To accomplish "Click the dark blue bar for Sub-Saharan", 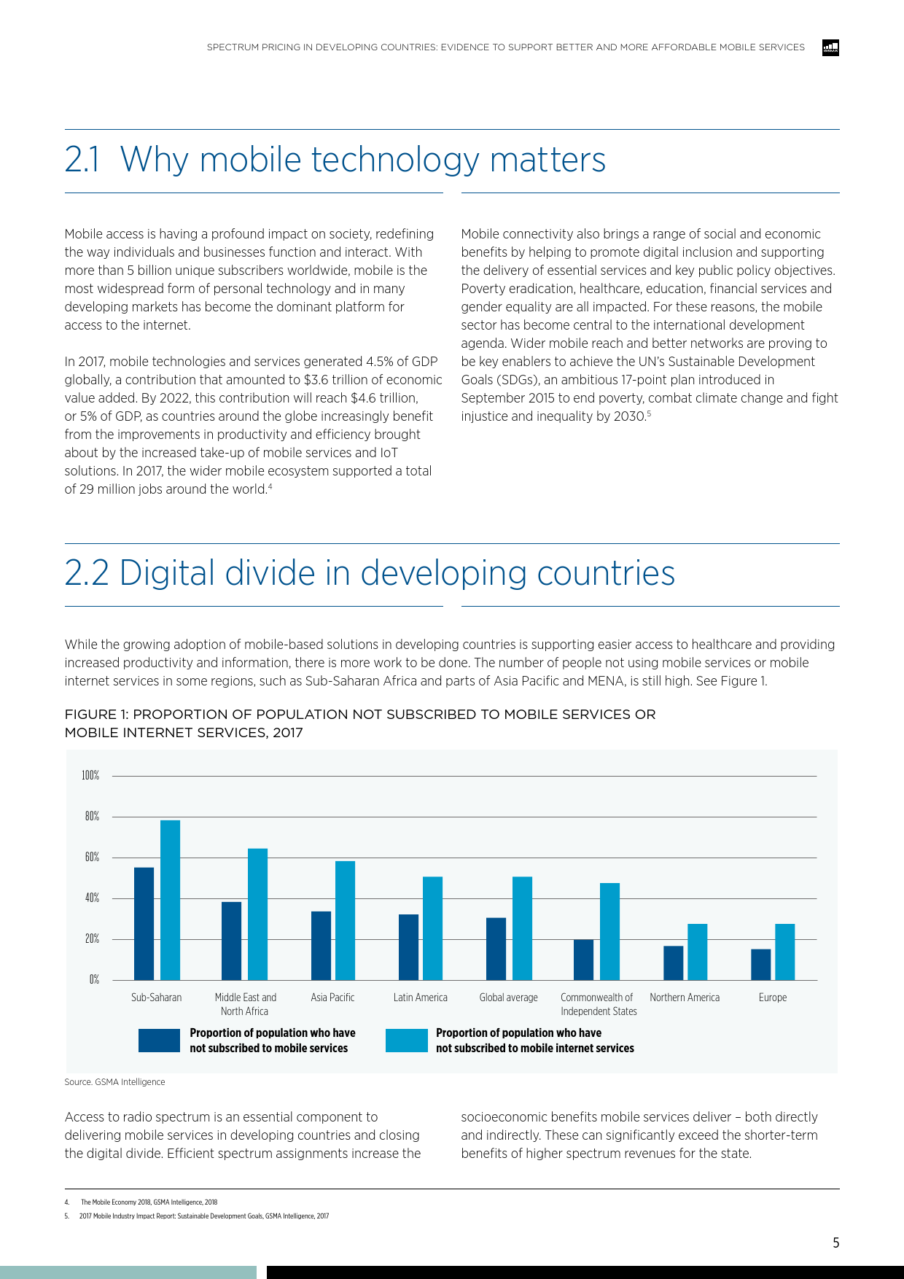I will point(144,923).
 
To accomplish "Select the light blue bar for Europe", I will point(784,952).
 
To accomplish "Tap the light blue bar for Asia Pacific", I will point(345,920).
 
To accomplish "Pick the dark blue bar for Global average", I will point(496,949).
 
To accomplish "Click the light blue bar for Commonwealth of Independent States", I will point(609,931).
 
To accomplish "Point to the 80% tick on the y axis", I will point(92,817).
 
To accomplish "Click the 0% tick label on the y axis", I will point(94,980).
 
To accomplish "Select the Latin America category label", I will point(420,998).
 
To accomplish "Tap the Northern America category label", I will point(684,998).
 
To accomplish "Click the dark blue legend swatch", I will point(159,1041).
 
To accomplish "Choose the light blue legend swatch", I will point(406,1041).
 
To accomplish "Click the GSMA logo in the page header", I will point(830,48).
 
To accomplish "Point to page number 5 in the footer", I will point(835,1243).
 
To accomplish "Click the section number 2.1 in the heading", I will point(82,160).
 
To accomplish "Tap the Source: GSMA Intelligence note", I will point(114,1082).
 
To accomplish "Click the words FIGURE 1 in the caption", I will point(95,715).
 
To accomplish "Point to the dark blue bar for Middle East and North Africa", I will point(231,941).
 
